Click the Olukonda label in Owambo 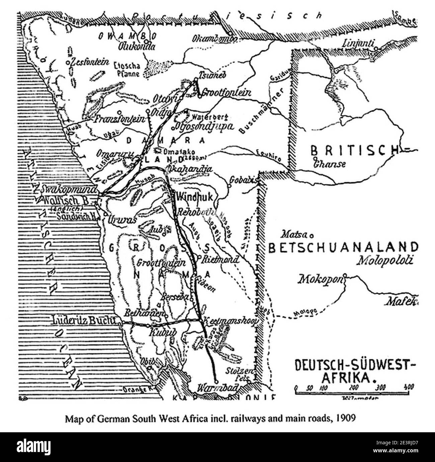(x=137, y=46)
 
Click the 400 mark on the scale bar (x=409, y=388)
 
